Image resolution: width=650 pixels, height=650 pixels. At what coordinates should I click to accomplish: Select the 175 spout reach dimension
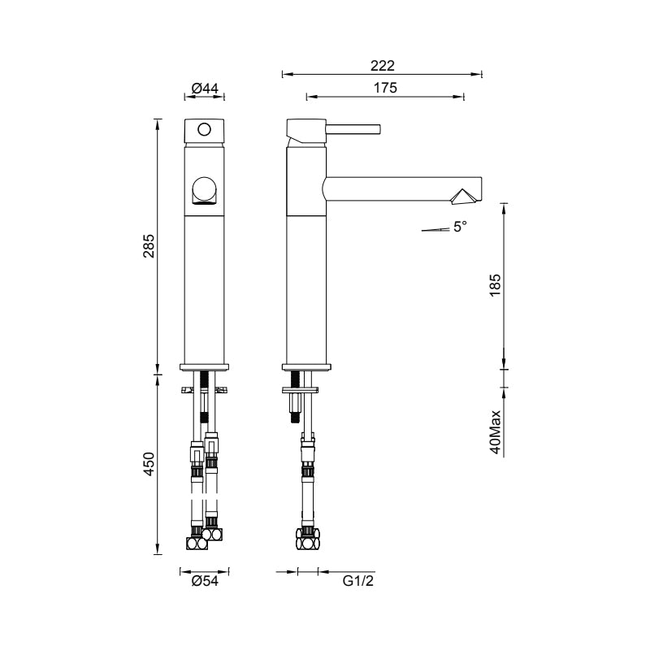tap(385, 89)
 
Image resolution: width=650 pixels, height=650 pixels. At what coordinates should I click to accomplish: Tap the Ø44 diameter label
tap(205, 88)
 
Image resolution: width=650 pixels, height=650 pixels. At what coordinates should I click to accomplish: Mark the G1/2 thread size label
tap(357, 582)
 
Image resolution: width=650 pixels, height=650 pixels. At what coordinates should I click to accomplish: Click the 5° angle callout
tap(460, 227)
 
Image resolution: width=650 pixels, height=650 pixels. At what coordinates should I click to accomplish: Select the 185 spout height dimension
tap(496, 286)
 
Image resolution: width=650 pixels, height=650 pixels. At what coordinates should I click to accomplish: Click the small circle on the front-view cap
tap(204, 129)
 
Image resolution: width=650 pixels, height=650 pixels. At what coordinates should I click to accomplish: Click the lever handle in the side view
tap(353, 128)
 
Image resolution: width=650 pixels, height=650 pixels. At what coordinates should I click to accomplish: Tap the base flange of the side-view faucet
tap(306, 366)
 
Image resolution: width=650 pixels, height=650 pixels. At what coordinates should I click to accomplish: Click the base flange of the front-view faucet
tap(204, 366)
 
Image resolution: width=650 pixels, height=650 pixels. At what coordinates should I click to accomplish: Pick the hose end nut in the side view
tap(306, 536)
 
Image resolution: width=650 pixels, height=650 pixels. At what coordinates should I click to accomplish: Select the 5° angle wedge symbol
tap(435, 230)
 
